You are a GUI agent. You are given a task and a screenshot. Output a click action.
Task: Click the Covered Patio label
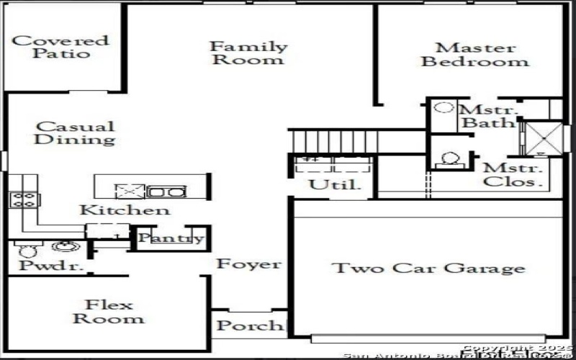coord(60,47)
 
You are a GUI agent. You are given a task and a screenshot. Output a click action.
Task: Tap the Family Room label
coord(248,53)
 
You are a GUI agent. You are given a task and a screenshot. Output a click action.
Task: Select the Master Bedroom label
coord(475,55)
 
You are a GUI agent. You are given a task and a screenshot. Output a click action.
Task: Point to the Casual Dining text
coord(75,133)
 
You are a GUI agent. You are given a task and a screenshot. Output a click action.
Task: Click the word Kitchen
coord(125,210)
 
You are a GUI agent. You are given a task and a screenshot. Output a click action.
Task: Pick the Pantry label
coord(171,238)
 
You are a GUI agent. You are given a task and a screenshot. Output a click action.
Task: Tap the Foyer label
coord(249,264)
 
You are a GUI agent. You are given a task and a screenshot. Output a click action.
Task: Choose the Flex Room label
coord(108,311)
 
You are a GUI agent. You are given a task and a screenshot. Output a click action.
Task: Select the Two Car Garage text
coord(428,269)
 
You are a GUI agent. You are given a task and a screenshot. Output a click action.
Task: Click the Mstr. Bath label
coord(488,117)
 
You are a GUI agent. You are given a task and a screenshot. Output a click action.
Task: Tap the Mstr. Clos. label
coord(511,175)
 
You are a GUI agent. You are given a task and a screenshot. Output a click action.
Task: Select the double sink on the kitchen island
coord(166,192)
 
